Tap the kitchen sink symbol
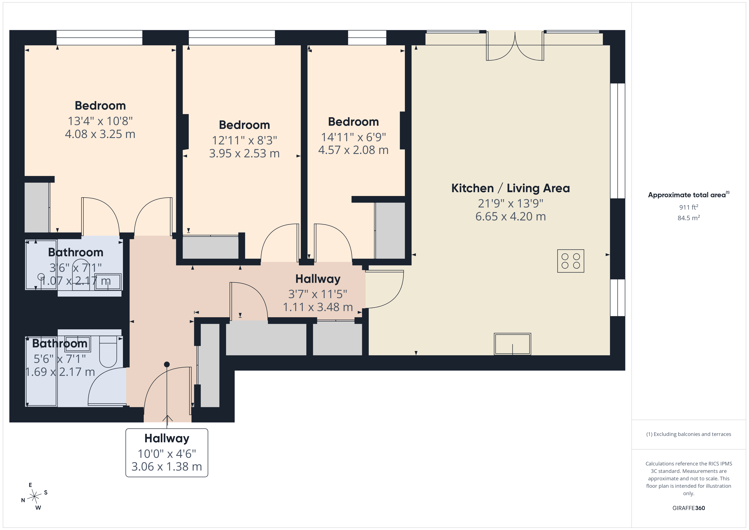pos(512,344)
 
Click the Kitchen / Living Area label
pos(511,188)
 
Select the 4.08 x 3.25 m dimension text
pos(100,134)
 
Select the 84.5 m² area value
pos(689,218)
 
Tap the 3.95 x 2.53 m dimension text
pos(244,153)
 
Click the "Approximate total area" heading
pos(687,195)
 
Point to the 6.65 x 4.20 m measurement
pos(511,216)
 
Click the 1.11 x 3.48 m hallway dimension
pos(318,307)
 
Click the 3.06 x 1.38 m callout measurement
pos(167,467)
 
